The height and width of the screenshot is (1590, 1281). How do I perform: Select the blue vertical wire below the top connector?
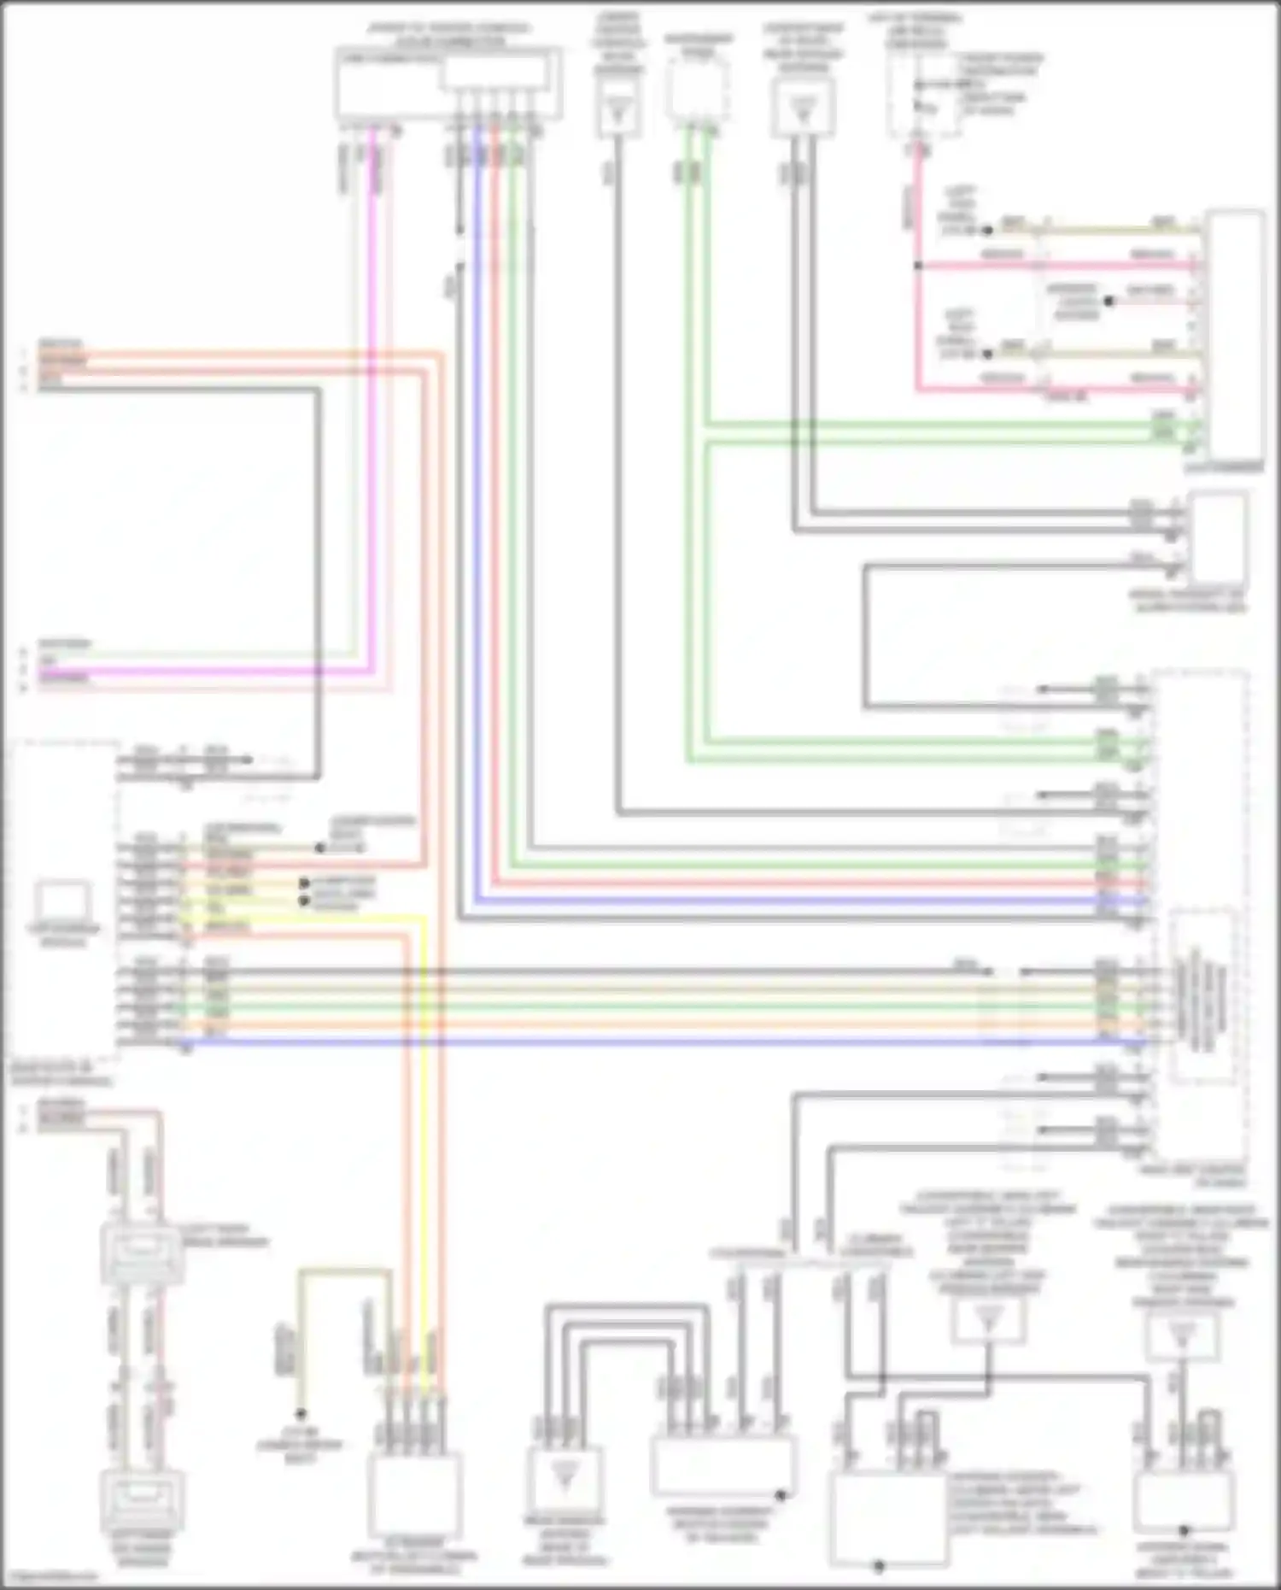[477, 513]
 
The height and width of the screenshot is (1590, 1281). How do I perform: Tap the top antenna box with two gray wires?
[802, 108]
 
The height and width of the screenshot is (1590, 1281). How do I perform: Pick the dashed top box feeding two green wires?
[698, 89]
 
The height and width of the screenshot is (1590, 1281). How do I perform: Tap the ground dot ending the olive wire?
[301, 1415]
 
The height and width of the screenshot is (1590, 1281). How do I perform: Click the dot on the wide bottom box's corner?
[780, 1495]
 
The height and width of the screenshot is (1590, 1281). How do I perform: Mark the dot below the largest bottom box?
[880, 1567]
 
